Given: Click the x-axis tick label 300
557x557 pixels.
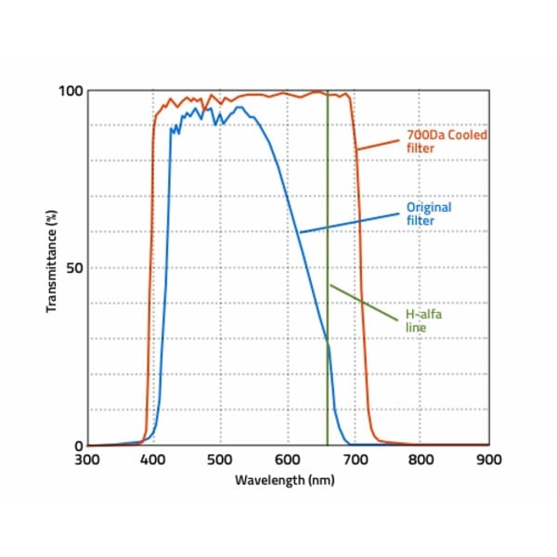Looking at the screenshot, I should (86, 459).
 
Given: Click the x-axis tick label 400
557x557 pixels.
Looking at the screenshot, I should (153, 459).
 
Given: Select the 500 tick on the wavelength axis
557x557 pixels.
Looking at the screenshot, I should (220, 459).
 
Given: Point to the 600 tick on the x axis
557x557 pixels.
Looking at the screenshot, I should (288, 459).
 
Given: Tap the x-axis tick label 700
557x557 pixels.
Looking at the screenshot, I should (355, 459).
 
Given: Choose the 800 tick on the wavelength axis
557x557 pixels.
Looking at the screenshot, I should (422, 459).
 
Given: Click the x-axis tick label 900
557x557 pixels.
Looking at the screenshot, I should (488, 459).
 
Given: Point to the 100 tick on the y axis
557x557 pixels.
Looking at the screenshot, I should (71, 91).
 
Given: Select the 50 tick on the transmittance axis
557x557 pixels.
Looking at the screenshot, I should (74, 268).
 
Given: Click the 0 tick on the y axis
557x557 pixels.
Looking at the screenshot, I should (79, 446).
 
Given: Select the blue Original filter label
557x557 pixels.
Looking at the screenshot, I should (428, 214).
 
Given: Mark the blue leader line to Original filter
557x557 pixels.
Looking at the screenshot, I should (348, 223).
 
